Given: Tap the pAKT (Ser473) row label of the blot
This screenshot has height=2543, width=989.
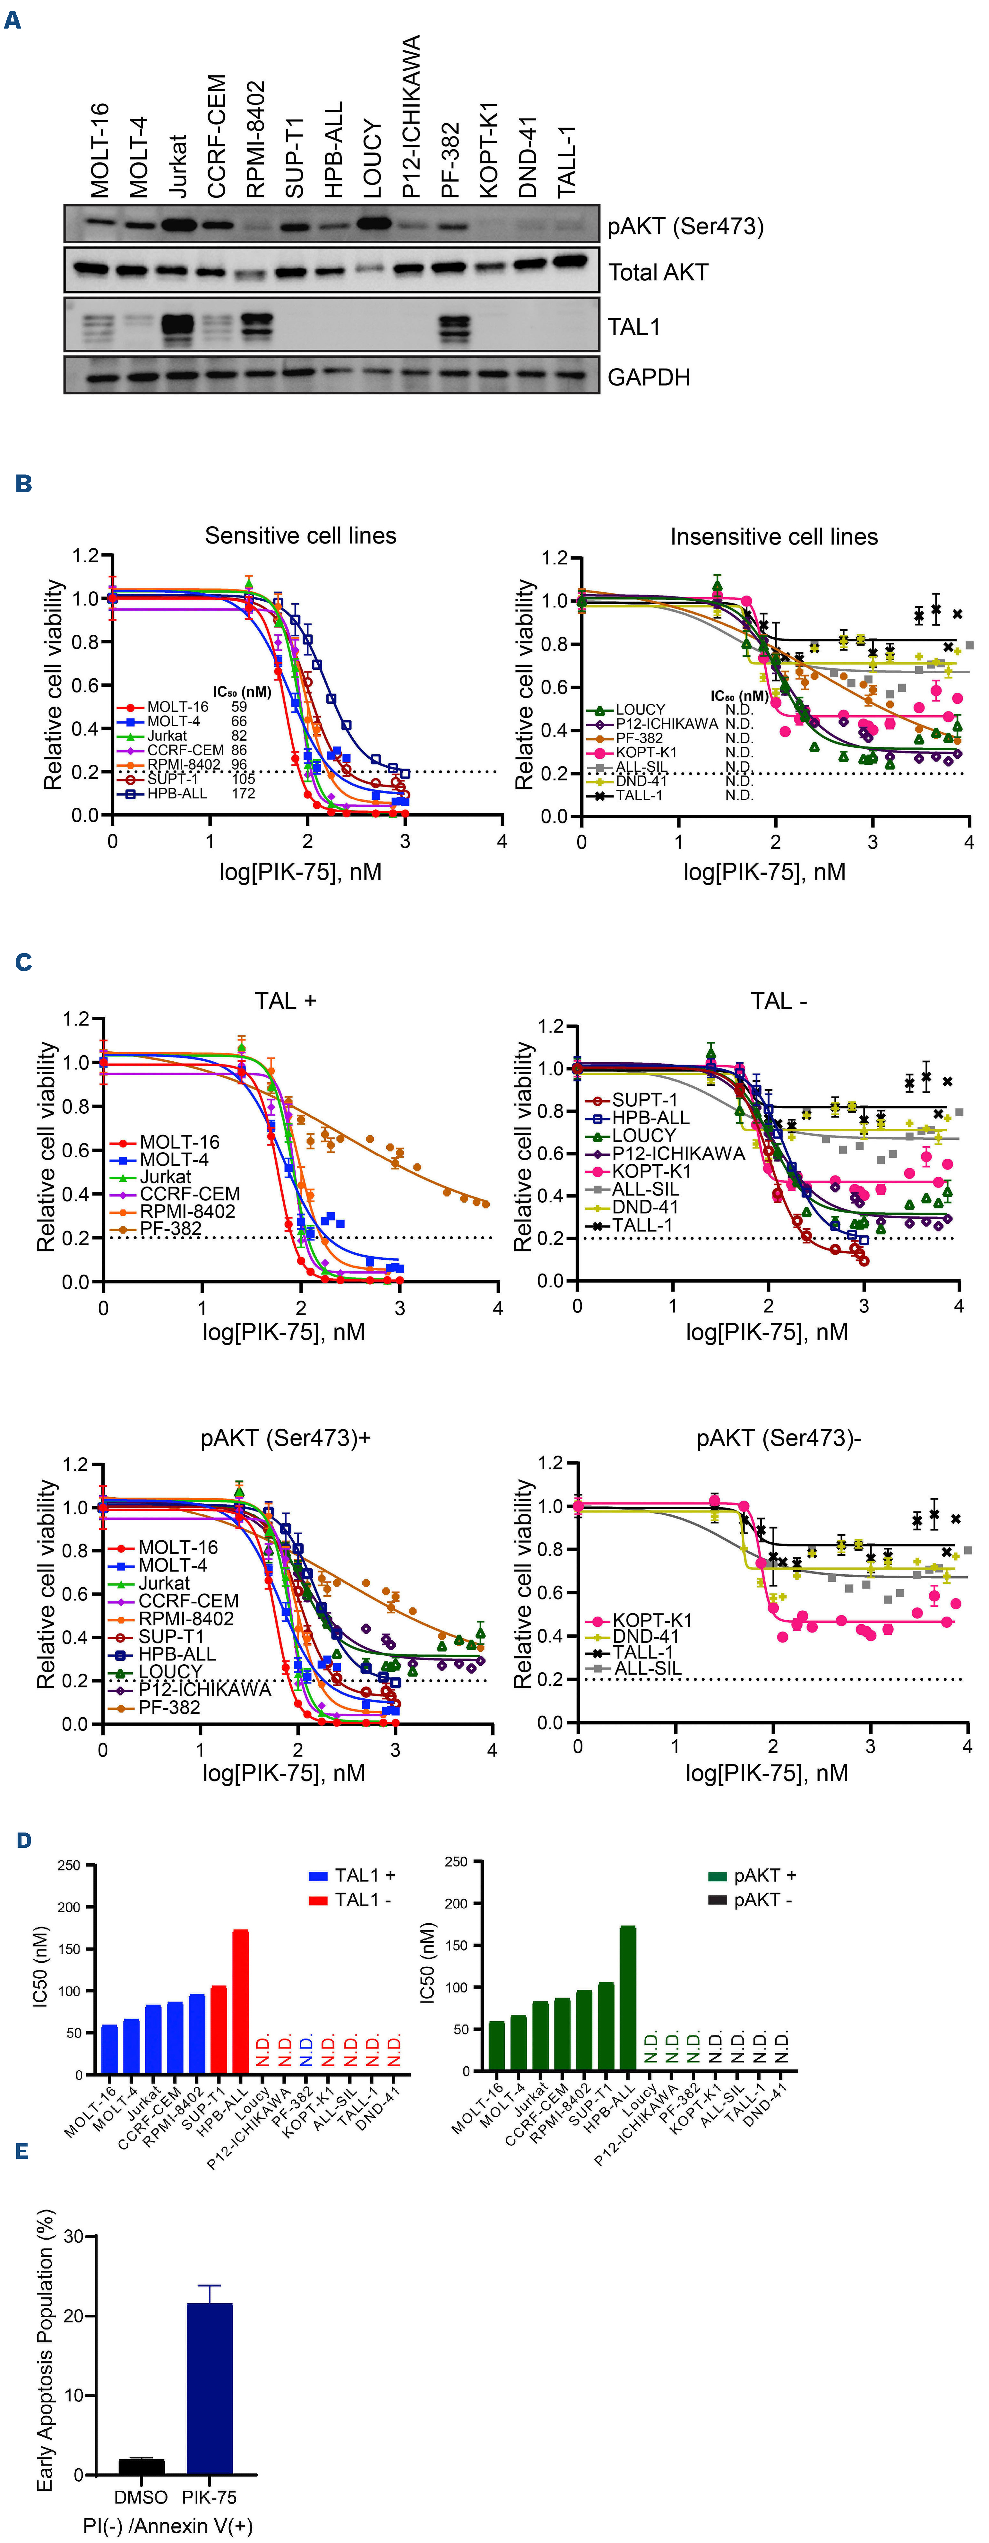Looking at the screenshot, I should point(685,226).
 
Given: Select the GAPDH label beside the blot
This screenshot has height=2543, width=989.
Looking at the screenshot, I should point(649,377).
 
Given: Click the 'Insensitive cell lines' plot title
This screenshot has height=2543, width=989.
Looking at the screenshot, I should point(774,537).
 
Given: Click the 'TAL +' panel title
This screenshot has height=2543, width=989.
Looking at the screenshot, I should point(285,1001).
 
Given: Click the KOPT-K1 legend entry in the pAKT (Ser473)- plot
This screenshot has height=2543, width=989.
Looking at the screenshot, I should point(651,1620).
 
